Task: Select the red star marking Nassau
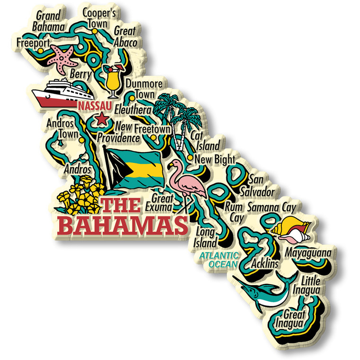[x=101, y=119]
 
